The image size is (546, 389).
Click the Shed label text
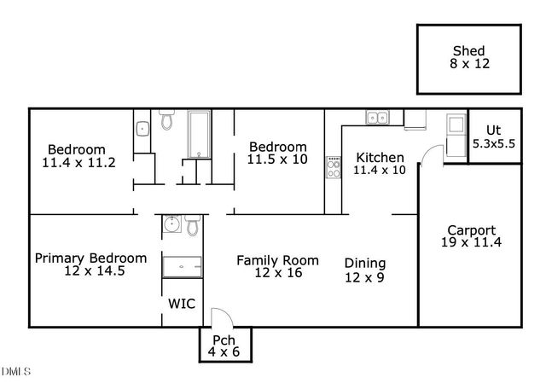click(468, 50)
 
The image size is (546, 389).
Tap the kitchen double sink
click(376, 119)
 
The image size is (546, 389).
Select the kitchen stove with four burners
click(332, 167)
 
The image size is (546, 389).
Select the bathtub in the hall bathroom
click(200, 135)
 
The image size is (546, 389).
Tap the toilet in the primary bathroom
click(192, 226)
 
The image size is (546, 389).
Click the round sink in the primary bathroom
click(171, 225)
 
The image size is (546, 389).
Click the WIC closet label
click(181, 304)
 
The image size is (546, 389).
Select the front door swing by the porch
click(218, 316)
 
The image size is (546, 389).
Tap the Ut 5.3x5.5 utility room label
click(494, 138)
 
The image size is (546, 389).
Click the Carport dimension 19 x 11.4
click(471, 243)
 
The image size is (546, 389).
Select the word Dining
click(364, 264)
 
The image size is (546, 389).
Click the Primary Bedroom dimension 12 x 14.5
click(90, 271)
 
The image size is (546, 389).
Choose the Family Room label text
click(277, 260)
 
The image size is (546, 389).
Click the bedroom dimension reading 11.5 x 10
click(276, 160)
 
